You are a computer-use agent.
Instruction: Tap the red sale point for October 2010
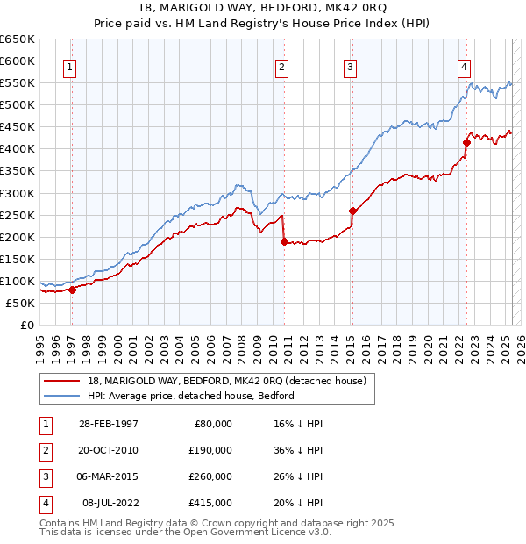click(284, 241)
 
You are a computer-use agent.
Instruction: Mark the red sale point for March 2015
click(352, 211)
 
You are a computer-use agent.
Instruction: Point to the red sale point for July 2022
click(466, 142)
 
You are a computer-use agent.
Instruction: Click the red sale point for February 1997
click(72, 290)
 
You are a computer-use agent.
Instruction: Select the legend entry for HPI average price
click(190, 396)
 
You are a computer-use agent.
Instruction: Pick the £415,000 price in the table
click(210, 503)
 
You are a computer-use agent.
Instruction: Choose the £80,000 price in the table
click(213, 424)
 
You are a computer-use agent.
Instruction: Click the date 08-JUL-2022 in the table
click(108, 503)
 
